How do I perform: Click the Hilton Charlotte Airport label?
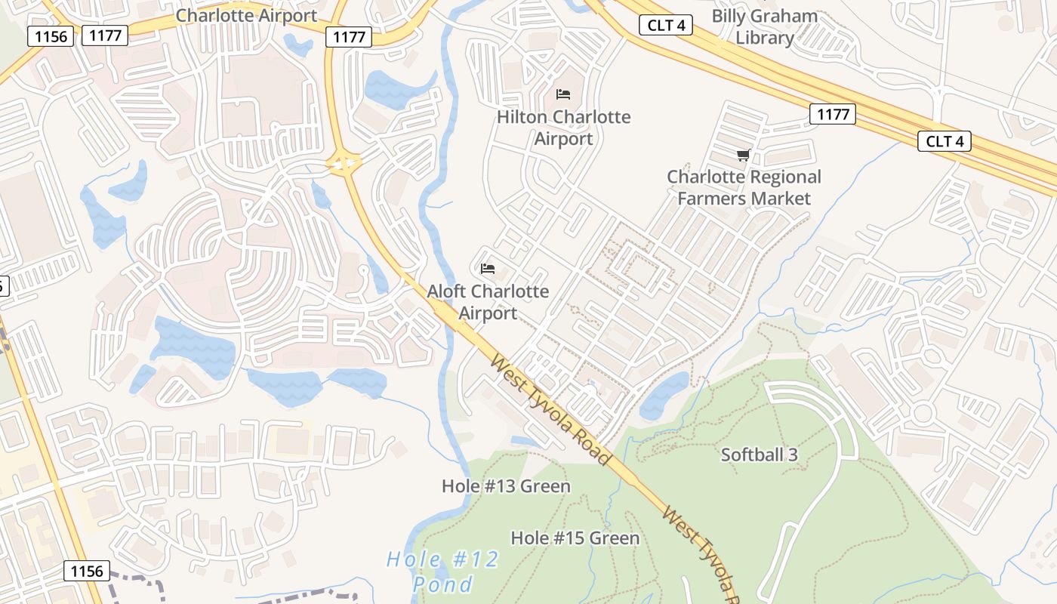click(x=563, y=128)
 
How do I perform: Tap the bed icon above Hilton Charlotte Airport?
click(x=563, y=94)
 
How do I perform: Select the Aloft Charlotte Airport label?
click(x=488, y=301)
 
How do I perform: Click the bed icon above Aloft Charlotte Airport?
click(x=488, y=268)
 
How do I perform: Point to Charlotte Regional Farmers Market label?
click(x=744, y=187)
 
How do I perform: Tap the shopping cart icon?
click(x=743, y=156)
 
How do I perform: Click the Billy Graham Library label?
click(x=764, y=26)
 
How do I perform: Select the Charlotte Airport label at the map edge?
click(x=246, y=15)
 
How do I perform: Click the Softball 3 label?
click(x=759, y=455)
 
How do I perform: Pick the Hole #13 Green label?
click(x=506, y=486)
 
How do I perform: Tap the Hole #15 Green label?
click(x=575, y=538)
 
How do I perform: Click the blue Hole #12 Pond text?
click(x=442, y=572)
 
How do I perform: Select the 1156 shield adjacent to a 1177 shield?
click(x=51, y=35)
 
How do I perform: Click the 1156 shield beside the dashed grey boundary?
click(x=86, y=571)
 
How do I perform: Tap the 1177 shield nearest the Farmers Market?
click(x=833, y=114)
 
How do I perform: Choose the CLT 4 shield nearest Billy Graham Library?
click(x=666, y=25)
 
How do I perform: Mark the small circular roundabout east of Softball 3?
click(x=923, y=413)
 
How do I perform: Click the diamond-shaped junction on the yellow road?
click(x=344, y=162)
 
